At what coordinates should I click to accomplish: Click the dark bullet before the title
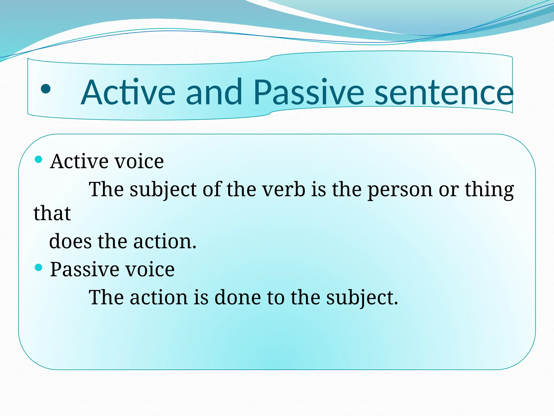click(46, 89)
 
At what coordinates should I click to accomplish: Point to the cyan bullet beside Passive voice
click(39, 268)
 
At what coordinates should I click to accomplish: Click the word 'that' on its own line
click(52, 213)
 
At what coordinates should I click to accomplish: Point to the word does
click(70, 241)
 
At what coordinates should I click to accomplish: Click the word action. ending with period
click(165, 241)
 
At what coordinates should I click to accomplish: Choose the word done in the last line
click(238, 297)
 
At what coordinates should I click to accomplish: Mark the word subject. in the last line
click(362, 298)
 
